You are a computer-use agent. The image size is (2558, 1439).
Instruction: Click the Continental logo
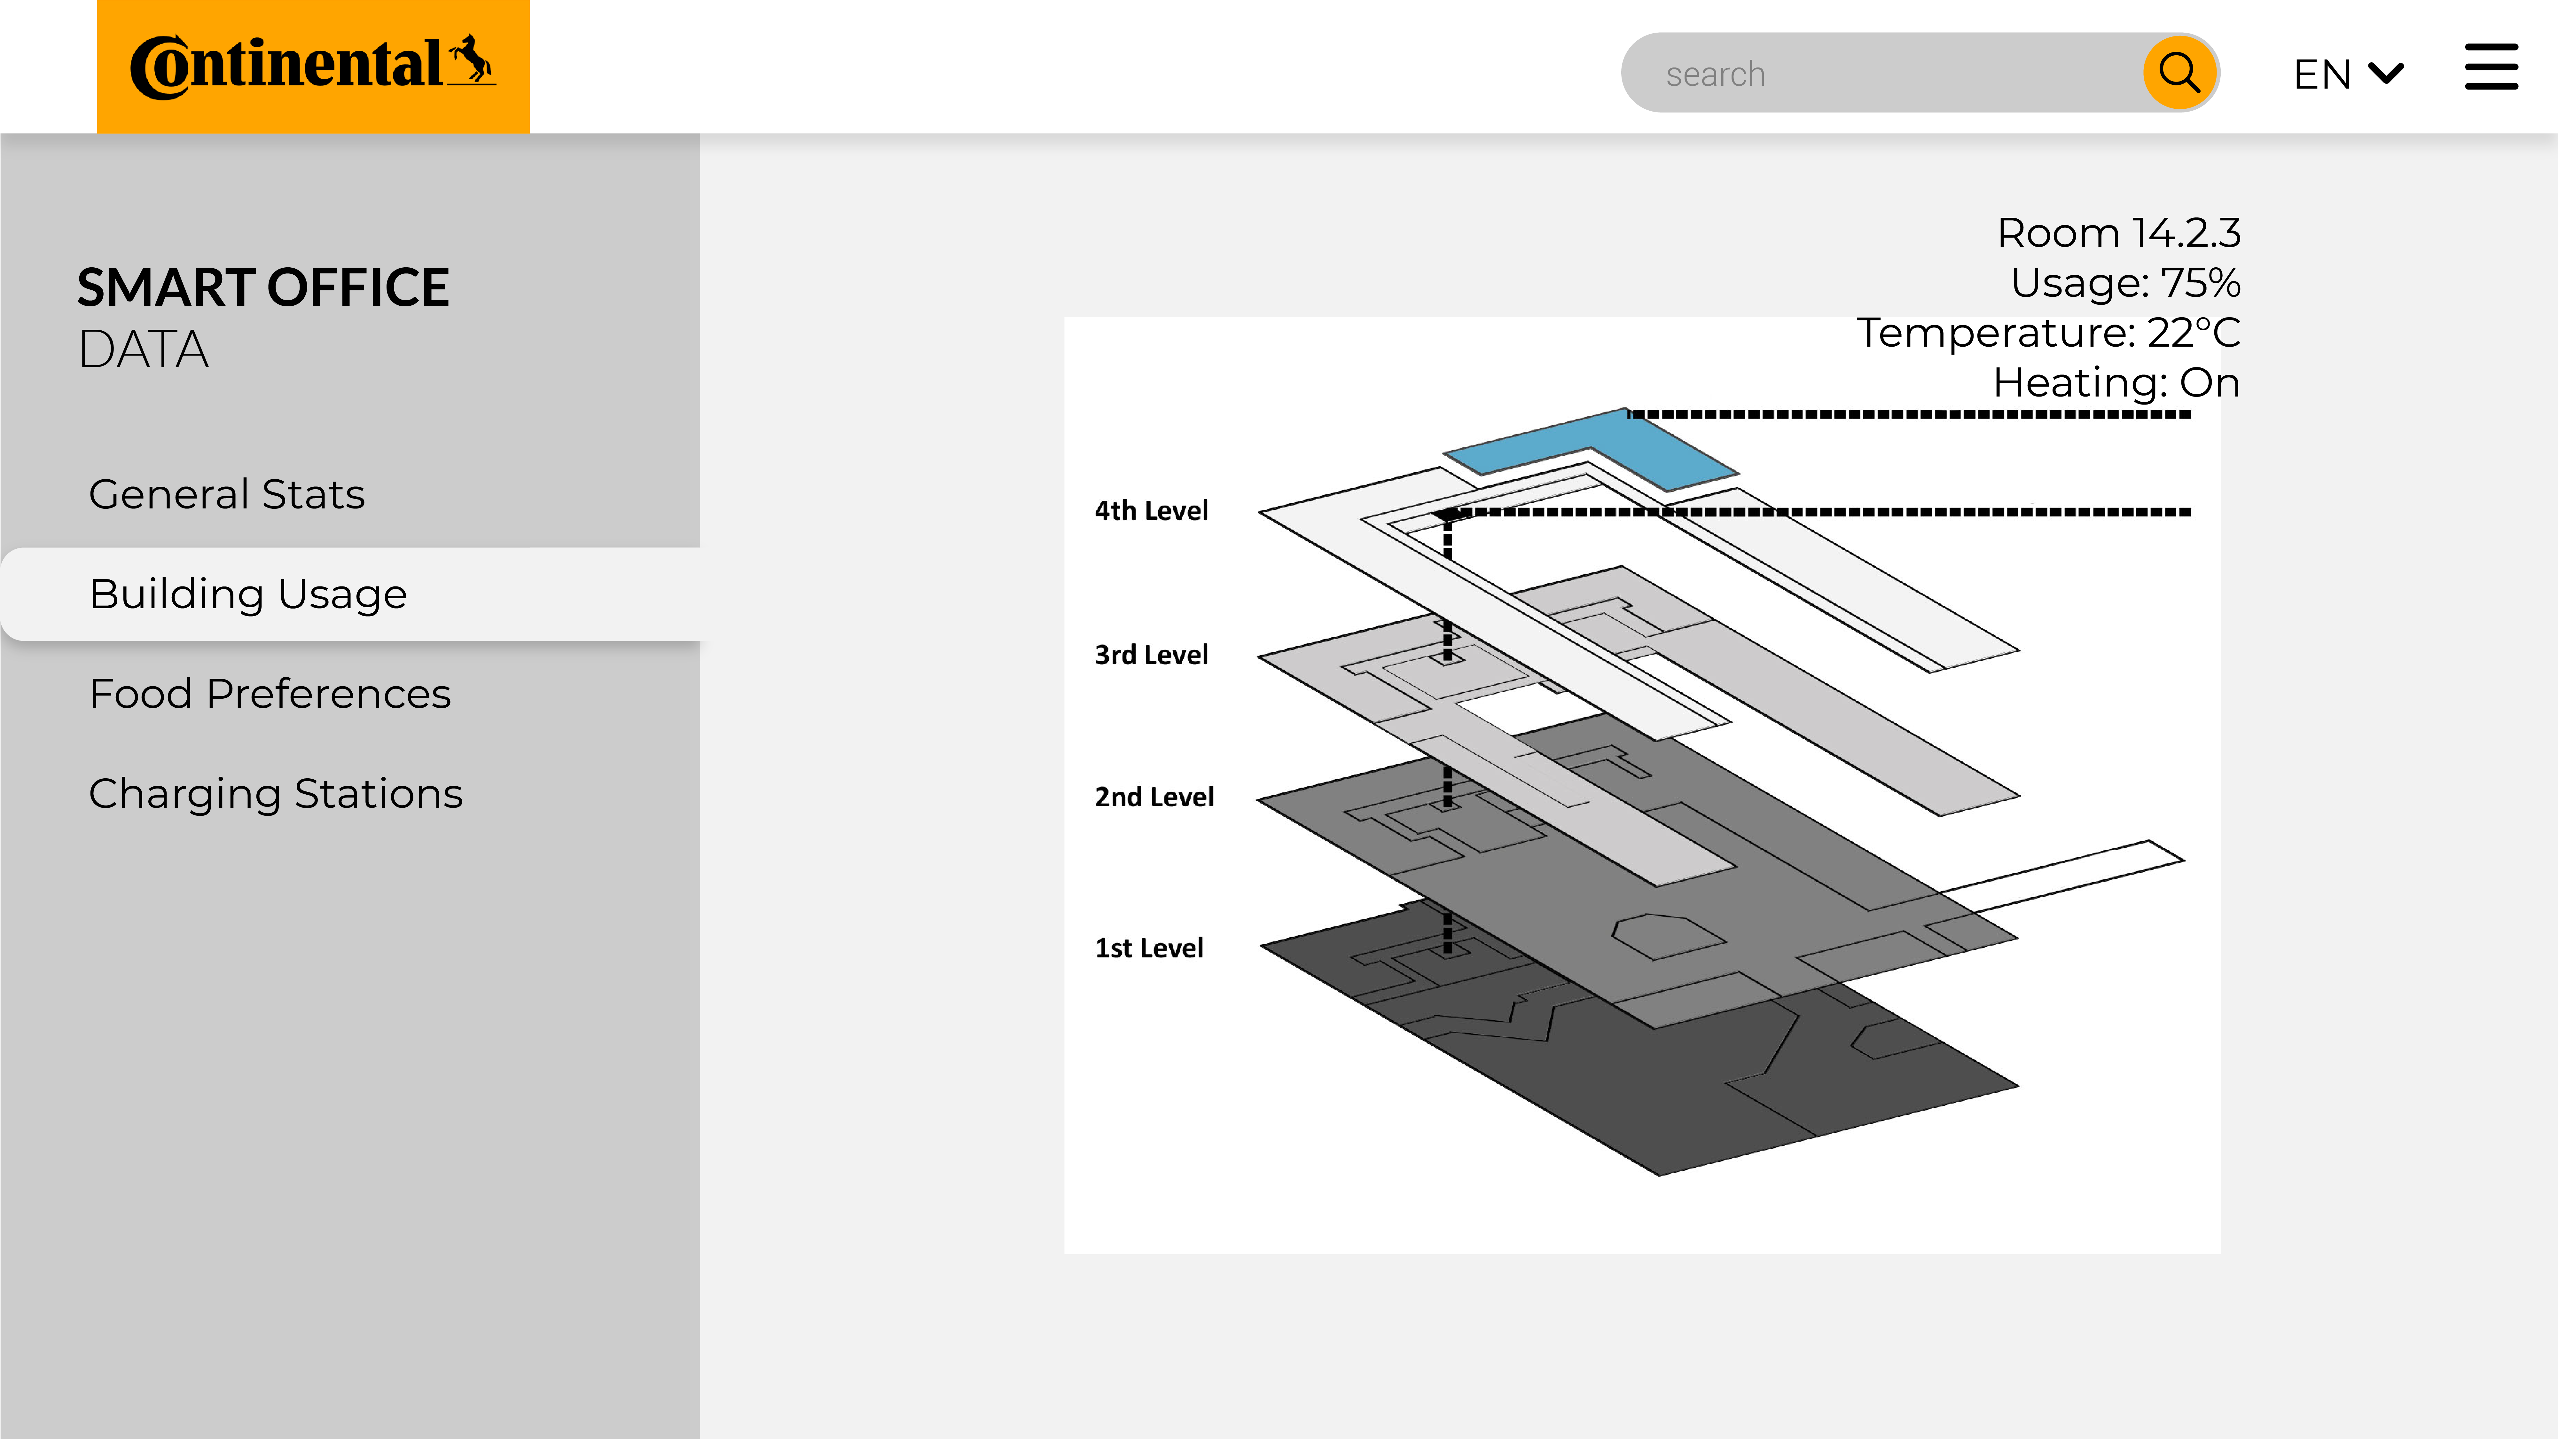click(x=313, y=67)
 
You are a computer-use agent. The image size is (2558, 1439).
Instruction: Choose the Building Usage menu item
click(x=248, y=594)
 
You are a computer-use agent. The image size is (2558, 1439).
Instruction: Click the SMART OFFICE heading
click(x=263, y=288)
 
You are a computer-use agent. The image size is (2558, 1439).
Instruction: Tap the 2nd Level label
click(x=1154, y=797)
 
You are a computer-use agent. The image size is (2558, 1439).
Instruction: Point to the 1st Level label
click(x=1149, y=948)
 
